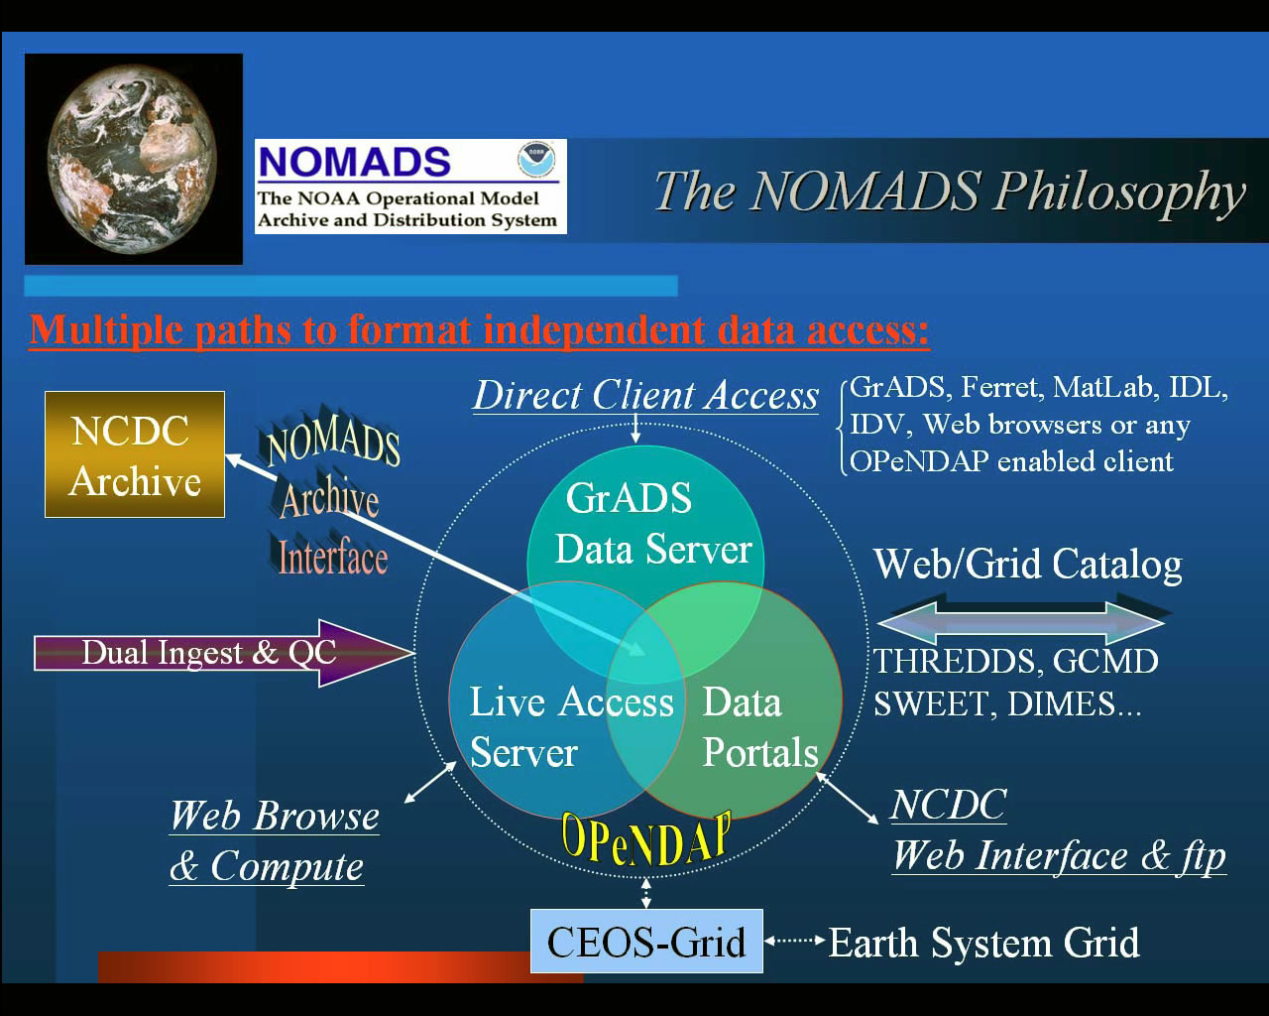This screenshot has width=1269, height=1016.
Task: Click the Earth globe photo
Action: coord(134,159)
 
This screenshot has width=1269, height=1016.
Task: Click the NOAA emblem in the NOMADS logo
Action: coord(535,159)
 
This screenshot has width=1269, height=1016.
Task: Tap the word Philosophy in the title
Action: coord(1119,191)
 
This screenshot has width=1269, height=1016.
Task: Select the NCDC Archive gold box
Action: coord(135,454)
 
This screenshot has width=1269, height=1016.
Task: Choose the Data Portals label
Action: coord(759,726)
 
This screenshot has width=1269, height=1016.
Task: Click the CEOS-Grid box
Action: coord(646,942)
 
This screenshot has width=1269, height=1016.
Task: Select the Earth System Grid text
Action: coord(983,943)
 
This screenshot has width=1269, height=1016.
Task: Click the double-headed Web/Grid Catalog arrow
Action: coord(1021,621)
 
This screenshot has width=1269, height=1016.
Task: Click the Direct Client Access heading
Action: coord(645,395)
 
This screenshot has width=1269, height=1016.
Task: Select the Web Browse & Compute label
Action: coord(274,840)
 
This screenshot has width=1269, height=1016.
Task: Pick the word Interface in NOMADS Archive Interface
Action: coord(332,558)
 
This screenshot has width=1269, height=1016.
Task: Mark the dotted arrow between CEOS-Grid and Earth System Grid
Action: coord(795,940)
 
